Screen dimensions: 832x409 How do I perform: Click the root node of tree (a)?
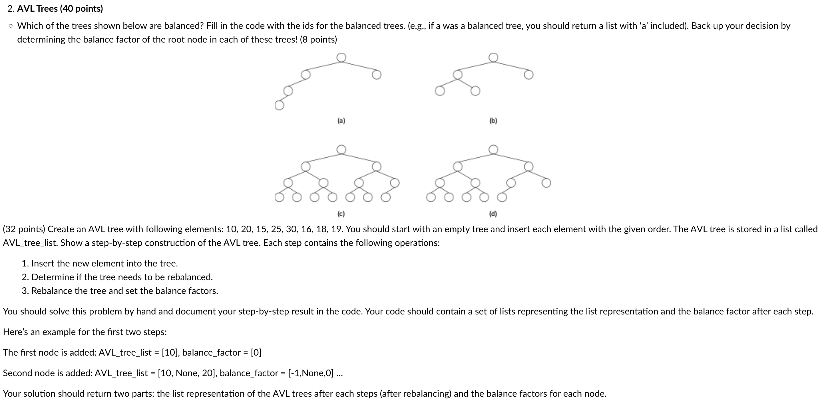pos(341,57)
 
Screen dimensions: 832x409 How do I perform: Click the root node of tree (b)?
pos(493,57)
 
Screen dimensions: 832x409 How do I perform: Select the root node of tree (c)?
pos(341,150)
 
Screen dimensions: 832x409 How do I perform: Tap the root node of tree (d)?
pos(493,150)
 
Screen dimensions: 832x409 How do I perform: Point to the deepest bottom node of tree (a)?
pos(279,106)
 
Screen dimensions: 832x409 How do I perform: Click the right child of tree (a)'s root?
pos(377,75)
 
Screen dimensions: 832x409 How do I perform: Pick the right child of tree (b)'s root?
pos(528,75)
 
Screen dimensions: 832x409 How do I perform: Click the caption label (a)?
pos(341,121)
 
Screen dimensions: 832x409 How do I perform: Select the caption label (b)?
pos(493,121)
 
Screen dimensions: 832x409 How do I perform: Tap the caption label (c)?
pos(341,214)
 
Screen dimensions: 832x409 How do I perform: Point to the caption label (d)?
pos(493,214)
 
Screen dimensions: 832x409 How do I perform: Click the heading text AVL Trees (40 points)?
pos(60,9)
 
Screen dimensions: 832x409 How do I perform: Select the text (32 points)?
pos(24,229)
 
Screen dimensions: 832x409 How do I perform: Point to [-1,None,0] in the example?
pos(310,373)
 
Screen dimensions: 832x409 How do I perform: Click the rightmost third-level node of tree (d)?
pos(546,183)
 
